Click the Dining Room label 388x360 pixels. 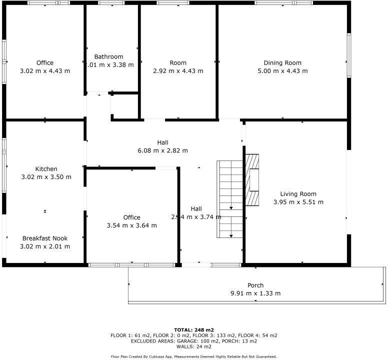tap(282, 63)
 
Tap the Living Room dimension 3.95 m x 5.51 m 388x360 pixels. tap(298, 202)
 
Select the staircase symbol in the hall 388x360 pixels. tap(230, 199)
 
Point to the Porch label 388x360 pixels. tap(255, 285)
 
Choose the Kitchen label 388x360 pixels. tap(46, 169)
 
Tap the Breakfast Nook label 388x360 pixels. tap(45, 238)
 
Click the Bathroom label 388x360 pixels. tap(108, 57)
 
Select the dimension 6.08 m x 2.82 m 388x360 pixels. tap(162, 150)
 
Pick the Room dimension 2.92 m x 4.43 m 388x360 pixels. tap(178, 71)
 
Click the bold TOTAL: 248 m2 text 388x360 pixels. tap(193, 330)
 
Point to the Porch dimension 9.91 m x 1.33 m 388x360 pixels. tap(255, 293)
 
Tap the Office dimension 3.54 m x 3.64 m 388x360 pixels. tap(132, 225)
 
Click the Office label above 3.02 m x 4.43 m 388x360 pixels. tap(45, 63)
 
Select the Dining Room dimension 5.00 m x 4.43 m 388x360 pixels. tap(282, 71)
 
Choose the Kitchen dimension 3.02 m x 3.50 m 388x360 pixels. tap(46, 177)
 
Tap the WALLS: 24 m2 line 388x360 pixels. tap(193, 346)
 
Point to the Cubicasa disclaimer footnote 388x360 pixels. tap(193, 356)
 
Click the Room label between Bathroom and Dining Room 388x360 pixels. tap(178, 63)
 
